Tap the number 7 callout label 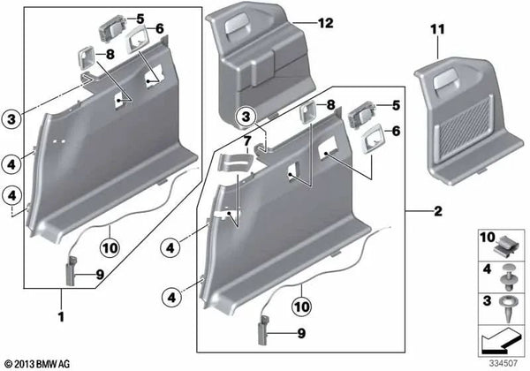pyautogui.click(x=248, y=140)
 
